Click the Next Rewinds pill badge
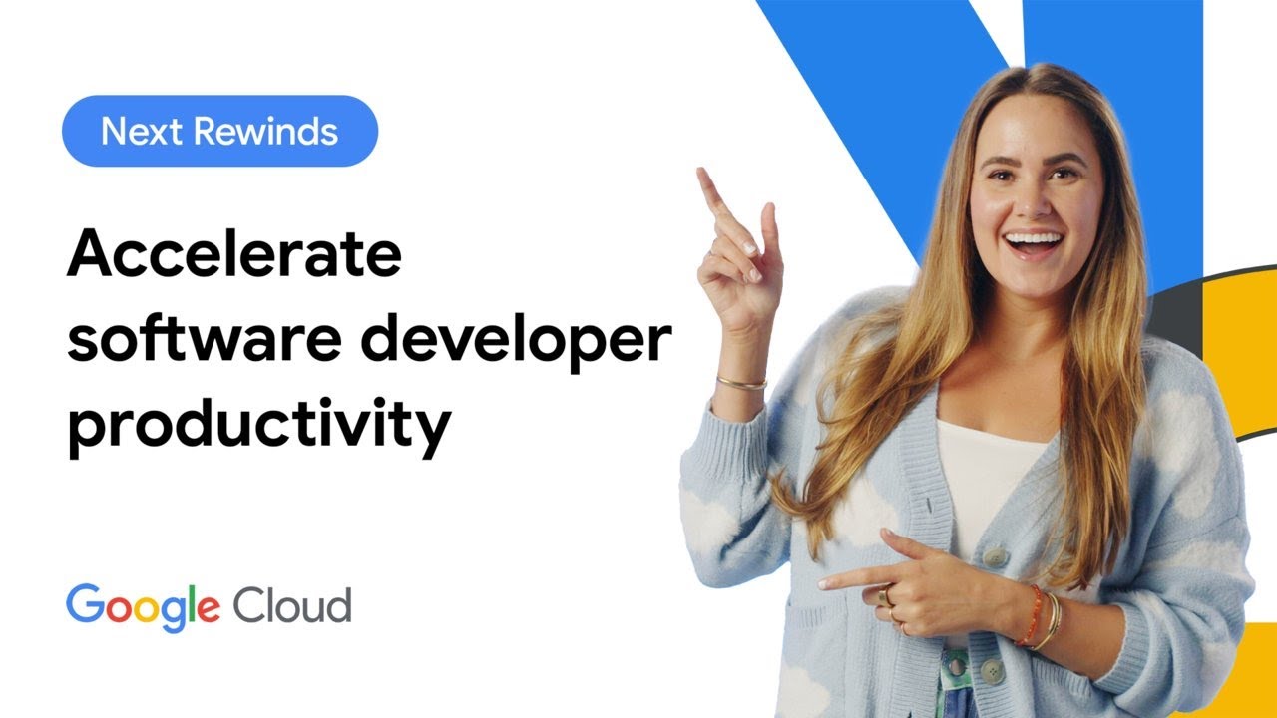click(x=219, y=131)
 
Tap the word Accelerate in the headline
click(x=233, y=256)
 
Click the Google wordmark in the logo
click(x=143, y=605)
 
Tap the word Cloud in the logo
click(x=291, y=605)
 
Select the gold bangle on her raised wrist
click(x=740, y=381)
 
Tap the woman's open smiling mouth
click(x=1033, y=242)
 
